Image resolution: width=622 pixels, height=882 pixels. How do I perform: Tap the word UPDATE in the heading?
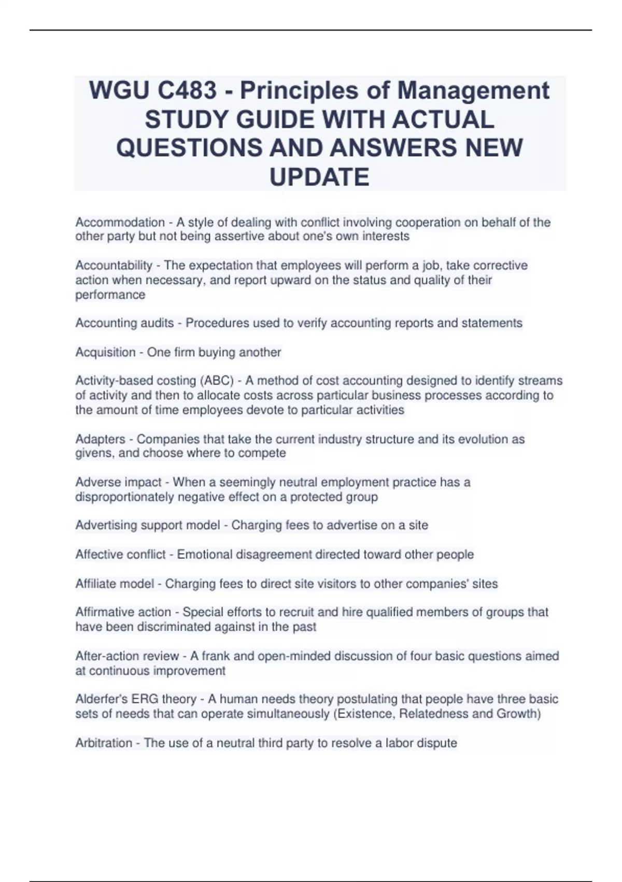click(x=319, y=177)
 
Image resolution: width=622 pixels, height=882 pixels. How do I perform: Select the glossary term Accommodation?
click(x=120, y=223)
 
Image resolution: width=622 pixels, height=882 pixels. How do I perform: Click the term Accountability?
click(x=114, y=266)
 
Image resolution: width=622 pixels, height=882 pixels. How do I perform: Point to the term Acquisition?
click(x=105, y=352)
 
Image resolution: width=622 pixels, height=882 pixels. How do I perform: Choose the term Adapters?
click(x=100, y=439)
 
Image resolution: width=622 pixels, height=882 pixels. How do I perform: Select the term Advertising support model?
click(x=147, y=526)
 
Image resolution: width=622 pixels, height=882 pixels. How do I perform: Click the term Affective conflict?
click(x=120, y=555)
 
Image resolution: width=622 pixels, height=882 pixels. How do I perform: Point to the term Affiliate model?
click(x=115, y=584)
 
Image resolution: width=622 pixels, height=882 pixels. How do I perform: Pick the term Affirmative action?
click(x=123, y=612)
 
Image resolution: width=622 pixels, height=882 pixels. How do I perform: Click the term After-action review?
click(x=127, y=656)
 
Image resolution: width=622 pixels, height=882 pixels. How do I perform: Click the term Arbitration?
click(x=104, y=743)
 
